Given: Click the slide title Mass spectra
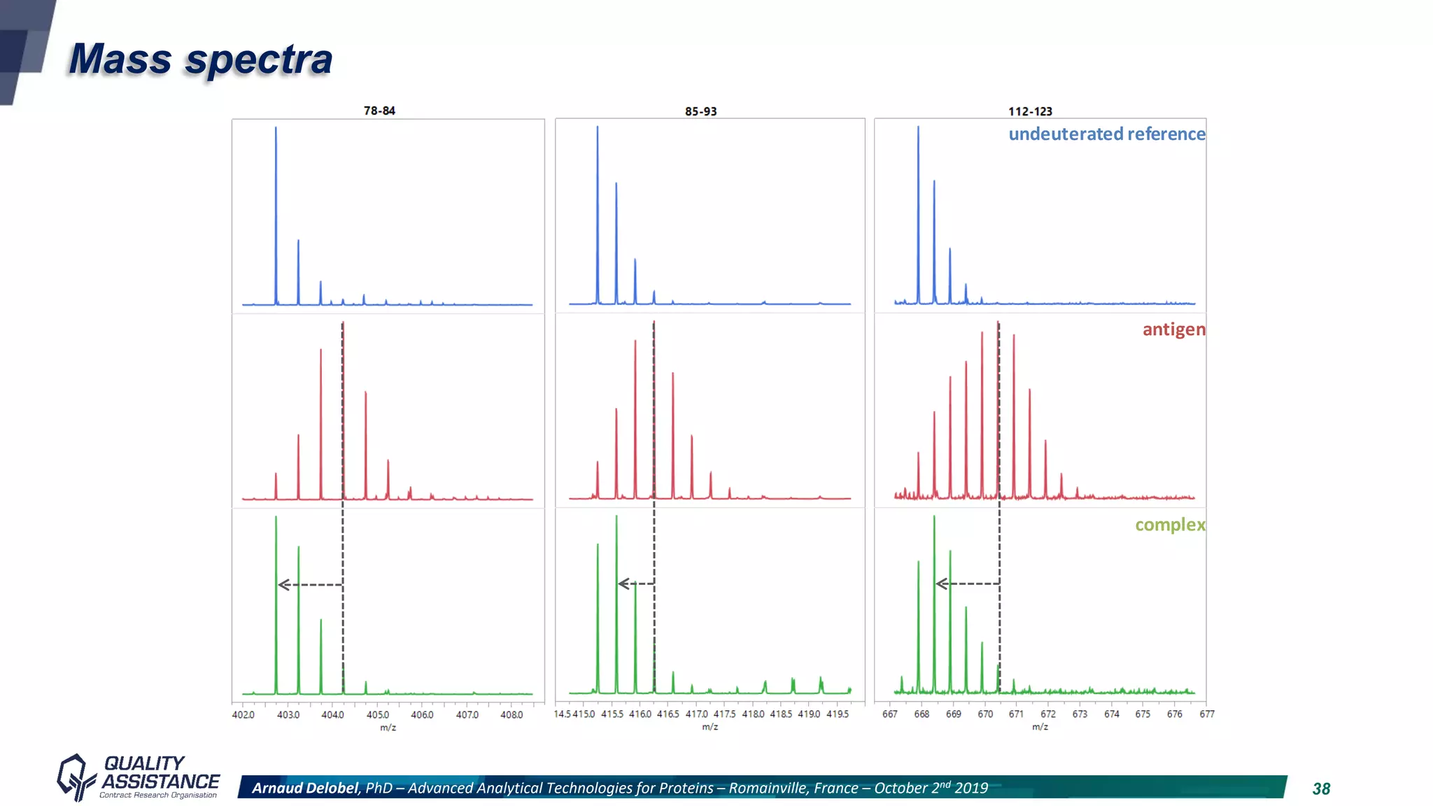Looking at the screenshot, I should point(200,59).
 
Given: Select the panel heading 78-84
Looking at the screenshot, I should point(379,111).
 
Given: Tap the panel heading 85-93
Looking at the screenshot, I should point(700,111).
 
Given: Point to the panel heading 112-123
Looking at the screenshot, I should point(1030,111).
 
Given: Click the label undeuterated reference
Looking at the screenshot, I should point(1106,134).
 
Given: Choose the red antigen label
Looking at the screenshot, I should point(1173,329).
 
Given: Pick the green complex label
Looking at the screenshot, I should point(1170,524).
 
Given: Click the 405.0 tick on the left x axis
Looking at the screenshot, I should point(378,714).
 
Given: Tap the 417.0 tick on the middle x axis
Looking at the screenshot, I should point(696,714).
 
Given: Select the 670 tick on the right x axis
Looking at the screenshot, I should point(985,714).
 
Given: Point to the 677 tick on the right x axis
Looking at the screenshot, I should point(1207,714).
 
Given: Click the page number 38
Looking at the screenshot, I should point(1321,789).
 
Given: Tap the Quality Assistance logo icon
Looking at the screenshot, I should point(75,777).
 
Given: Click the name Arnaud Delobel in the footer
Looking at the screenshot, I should point(305,788).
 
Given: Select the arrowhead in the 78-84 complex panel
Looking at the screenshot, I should point(283,584).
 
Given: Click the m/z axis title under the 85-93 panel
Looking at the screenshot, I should point(710,727).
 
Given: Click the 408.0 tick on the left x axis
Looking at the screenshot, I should point(511,714).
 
